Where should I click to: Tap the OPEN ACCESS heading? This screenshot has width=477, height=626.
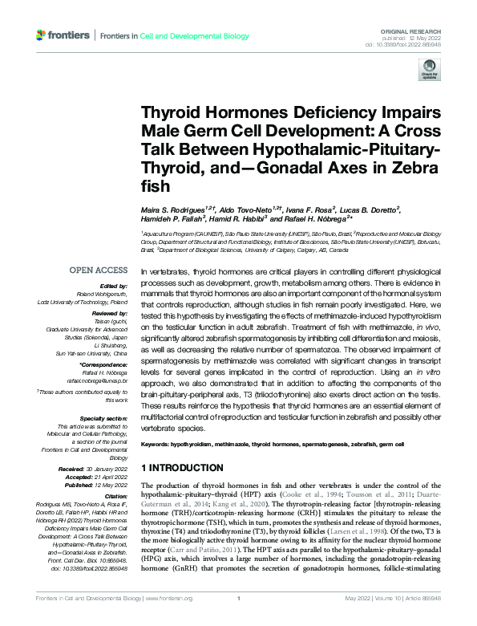point(99,271)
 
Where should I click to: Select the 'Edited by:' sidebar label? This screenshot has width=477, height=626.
point(113,287)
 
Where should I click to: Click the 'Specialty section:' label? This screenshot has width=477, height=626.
point(103,418)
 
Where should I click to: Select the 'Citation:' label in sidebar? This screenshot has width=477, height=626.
point(115,498)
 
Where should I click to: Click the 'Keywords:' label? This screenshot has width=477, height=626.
point(160,443)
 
